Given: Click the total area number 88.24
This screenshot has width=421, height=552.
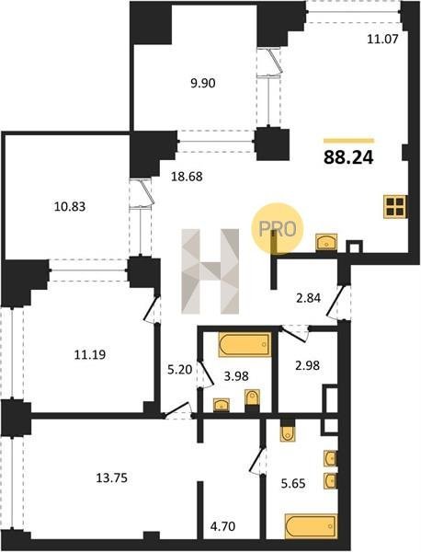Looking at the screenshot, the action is [348, 157].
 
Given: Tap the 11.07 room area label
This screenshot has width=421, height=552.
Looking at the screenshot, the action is [382, 39].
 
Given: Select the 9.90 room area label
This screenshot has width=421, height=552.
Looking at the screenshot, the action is [202, 84].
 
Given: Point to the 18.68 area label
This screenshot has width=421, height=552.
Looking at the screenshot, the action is [187, 177].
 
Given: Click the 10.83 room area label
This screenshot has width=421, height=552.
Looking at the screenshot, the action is [70, 206].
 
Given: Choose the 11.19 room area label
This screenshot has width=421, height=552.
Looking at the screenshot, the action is [90, 355].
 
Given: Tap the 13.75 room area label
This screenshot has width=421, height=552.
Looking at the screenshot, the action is [112, 478].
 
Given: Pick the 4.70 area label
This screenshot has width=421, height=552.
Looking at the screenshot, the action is [222, 526].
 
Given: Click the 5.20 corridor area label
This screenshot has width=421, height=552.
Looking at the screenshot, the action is [179, 370].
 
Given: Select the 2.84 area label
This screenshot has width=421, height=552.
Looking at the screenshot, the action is [308, 298].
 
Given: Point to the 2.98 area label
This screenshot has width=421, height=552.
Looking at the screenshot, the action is [307, 365].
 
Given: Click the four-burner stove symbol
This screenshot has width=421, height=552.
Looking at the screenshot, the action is [395, 207].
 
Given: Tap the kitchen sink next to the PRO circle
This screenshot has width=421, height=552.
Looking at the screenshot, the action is [326, 242].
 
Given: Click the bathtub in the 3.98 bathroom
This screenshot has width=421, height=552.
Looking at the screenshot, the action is [245, 345].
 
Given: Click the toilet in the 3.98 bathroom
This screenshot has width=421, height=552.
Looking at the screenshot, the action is [252, 399].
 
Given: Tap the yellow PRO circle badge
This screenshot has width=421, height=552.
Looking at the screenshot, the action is [277, 228].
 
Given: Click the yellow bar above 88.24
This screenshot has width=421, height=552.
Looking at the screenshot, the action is [349, 141].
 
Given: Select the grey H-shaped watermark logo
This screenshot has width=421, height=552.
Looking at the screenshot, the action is [210, 271].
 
